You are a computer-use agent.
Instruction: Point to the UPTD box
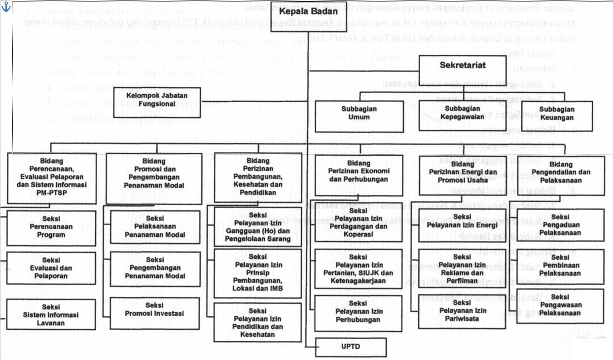tap(351, 346)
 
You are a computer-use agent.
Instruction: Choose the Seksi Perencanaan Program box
tap(51, 228)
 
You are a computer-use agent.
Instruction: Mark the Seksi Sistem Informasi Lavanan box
tap(51, 315)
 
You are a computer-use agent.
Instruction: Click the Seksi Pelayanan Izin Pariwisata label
tap(462, 310)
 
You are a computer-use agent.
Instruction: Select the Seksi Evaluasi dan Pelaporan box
tap(51, 268)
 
